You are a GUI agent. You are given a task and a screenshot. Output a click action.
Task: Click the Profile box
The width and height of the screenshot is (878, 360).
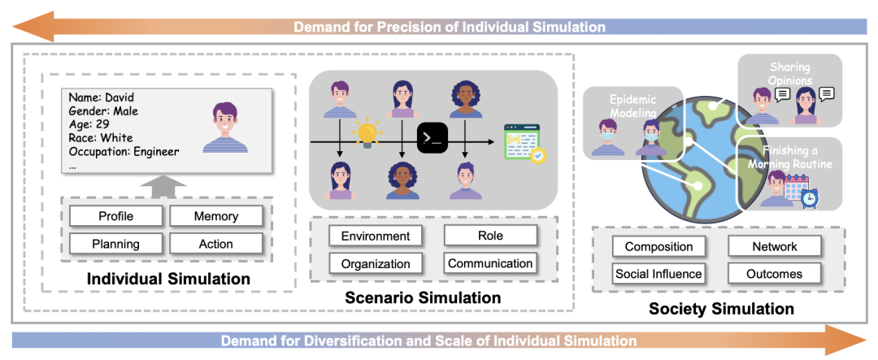pos(115,216)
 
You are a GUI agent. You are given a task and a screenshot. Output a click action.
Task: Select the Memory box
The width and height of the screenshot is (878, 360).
pos(215,216)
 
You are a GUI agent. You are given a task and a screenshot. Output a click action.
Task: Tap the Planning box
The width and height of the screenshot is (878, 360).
pos(115,244)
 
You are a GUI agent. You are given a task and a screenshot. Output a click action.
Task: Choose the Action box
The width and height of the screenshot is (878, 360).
pos(215,244)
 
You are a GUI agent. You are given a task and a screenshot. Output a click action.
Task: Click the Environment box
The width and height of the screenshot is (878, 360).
pos(375,236)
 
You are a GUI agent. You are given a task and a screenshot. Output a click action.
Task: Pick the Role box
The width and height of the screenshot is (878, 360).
pos(490,236)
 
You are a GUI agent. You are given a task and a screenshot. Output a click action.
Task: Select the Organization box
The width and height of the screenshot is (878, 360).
pos(375,263)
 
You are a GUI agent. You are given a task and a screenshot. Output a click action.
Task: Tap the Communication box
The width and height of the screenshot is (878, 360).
pos(490,263)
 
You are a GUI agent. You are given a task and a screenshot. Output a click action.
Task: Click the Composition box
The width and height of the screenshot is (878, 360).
pos(658,246)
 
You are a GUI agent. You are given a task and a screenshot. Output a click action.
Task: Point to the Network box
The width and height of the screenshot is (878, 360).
pos(774,246)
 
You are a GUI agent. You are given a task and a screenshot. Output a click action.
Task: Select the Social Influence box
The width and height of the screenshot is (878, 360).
pos(658,274)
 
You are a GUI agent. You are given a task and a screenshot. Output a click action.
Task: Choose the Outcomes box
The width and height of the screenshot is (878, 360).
pos(774,274)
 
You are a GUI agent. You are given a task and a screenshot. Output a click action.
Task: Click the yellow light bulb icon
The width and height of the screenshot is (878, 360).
pos(367,132)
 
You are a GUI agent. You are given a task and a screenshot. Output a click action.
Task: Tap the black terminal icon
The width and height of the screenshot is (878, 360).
pos(432,139)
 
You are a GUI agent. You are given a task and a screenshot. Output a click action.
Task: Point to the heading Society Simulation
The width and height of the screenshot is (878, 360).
pos(721,309)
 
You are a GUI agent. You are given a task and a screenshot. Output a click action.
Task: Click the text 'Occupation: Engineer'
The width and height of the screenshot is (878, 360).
pos(124,151)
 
